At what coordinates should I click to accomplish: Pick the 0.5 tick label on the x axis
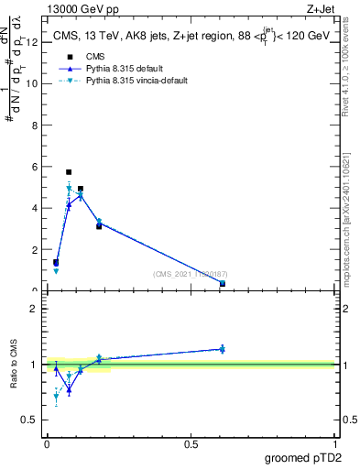coord(191,443)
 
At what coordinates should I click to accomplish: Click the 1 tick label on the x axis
coord(334,443)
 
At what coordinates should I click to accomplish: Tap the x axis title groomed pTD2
coord(301,456)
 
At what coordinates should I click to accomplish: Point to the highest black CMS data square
coord(69,171)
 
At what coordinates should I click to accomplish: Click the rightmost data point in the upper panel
coord(223,283)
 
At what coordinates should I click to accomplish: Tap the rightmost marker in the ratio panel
coord(223,349)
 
